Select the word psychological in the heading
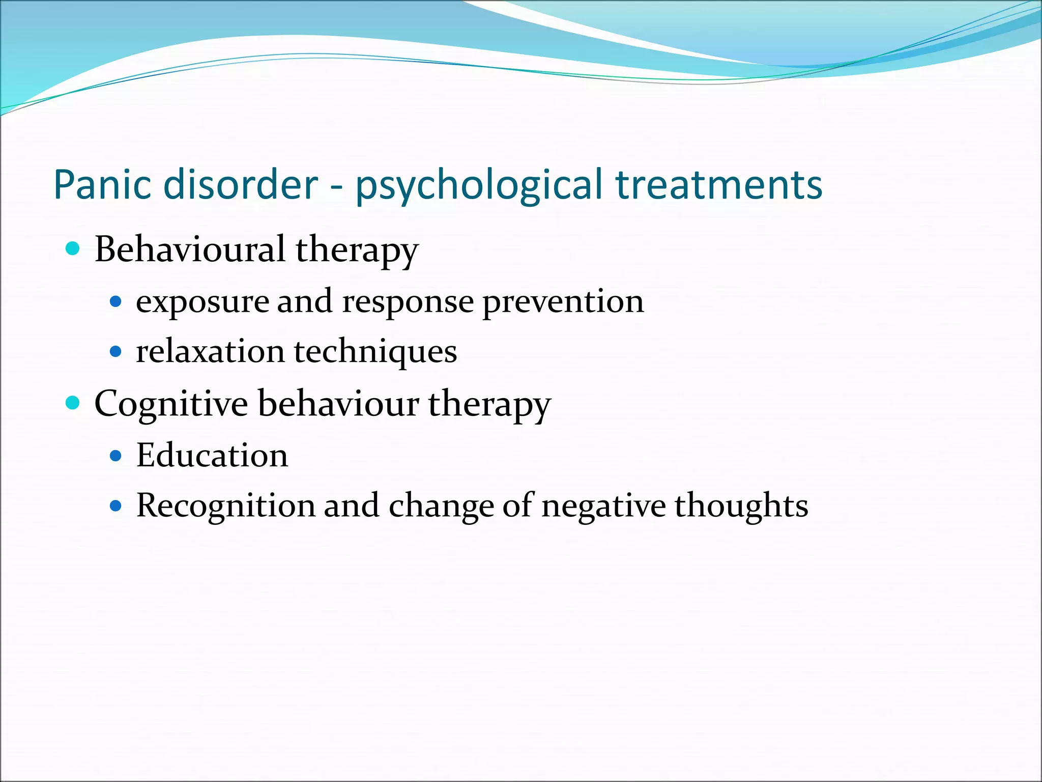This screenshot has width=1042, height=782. point(479,185)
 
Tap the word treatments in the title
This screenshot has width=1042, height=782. point(718,184)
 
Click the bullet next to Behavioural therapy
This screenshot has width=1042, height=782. point(73,249)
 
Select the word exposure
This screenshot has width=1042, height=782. point(202,302)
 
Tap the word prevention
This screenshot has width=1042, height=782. point(563,302)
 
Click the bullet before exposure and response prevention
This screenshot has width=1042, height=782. point(116,302)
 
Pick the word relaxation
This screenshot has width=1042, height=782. point(210,351)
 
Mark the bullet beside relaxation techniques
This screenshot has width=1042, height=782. point(116,351)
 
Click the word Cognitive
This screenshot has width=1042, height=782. point(171,404)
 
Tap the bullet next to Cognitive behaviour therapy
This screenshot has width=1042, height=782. point(73,403)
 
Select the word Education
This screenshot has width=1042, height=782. point(212,455)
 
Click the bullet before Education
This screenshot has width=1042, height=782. point(116,455)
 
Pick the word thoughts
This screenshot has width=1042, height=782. point(741,506)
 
